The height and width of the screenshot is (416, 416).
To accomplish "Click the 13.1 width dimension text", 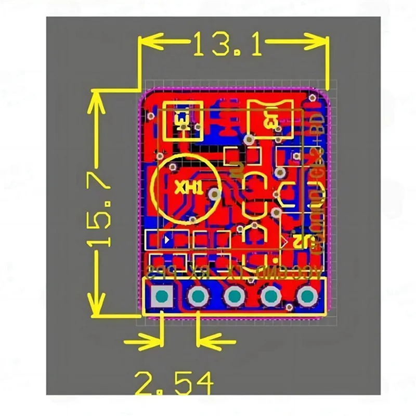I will tap(227, 45).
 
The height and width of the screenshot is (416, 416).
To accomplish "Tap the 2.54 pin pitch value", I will tap(174, 384).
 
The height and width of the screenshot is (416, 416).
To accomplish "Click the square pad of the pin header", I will tap(162, 297).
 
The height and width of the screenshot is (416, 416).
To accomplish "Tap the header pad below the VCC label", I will tap(307, 297).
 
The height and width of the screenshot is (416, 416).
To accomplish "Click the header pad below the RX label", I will tap(198, 297).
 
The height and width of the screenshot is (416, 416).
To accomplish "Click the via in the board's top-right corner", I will tap(312, 97).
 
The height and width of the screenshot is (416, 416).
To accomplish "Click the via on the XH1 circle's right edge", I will tap(214, 193).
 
